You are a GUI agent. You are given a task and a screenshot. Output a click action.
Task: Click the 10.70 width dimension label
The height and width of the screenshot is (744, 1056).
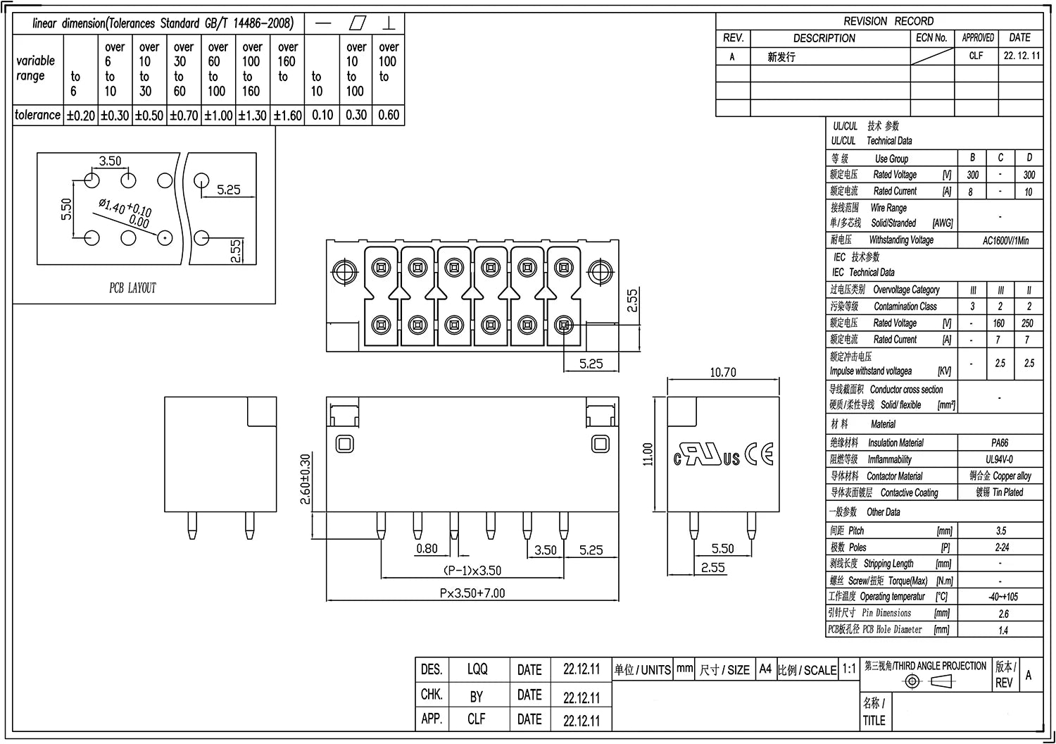(x=723, y=372)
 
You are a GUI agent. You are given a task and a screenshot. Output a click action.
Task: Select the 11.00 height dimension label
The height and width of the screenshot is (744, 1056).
(x=648, y=454)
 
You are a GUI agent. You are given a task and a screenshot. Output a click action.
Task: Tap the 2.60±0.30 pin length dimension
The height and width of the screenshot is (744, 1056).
(x=305, y=479)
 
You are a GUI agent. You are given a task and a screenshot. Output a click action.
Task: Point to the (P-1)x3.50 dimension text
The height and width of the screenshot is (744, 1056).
(x=472, y=571)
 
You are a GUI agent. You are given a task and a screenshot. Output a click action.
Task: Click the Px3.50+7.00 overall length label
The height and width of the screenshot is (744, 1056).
(x=472, y=593)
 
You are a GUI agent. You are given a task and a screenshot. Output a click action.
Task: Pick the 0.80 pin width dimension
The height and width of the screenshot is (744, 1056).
(x=427, y=549)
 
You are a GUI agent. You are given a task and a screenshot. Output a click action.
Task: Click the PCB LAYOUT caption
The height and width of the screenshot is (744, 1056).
(x=132, y=287)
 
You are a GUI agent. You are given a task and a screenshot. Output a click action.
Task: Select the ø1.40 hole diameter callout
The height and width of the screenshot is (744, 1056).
(x=125, y=212)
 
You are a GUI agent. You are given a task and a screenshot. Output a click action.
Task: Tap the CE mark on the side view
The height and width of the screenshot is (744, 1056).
(x=759, y=454)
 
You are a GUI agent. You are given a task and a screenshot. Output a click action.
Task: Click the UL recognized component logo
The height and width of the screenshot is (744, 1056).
(x=707, y=455)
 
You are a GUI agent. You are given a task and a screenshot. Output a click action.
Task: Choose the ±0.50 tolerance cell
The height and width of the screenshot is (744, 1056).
(x=149, y=115)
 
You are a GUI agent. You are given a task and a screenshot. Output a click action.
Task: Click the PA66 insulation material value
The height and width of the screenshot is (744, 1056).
(x=1000, y=442)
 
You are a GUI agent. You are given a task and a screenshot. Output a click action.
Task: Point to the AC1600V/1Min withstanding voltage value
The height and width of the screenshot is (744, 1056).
(x=1005, y=241)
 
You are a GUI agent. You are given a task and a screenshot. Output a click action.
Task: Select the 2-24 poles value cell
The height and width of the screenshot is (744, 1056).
(x=1002, y=547)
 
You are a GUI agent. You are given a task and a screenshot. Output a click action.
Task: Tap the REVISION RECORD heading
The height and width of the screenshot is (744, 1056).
(x=888, y=21)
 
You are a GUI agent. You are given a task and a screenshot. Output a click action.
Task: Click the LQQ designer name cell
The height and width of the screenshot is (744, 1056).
(x=477, y=669)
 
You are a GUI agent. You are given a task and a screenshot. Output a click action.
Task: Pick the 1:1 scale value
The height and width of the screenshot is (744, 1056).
(x=848, y=669)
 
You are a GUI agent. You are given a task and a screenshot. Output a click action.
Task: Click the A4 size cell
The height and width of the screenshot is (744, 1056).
(x=765, y=669)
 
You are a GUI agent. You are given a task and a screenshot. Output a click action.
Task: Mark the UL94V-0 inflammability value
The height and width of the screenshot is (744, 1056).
(x=999, y=459)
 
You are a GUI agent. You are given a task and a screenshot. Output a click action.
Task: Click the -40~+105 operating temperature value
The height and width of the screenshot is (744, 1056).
(x=1003, y=597)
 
